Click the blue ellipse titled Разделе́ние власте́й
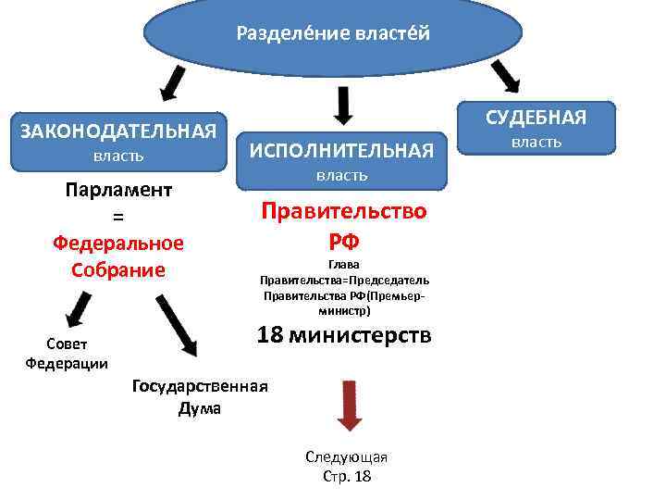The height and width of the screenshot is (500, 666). coord(333,35)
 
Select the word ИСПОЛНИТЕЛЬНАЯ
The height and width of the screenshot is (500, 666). coord(342,149)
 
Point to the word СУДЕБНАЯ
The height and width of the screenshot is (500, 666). coord(536,117)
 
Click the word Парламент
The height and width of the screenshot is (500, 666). coord(118,190)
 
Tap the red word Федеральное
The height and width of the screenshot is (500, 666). coord(118,243)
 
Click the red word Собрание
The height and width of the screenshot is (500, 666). coord(118,269)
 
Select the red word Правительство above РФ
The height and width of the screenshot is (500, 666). coord(344,210)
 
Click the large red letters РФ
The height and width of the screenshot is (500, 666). coord(344,242)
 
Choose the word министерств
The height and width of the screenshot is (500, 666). coord(360,334)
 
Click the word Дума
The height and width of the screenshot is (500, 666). coord(200,408)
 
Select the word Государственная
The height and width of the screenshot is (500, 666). coord(201,386)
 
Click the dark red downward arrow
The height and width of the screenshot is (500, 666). coord(348,404)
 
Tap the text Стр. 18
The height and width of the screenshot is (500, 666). coord(346,476)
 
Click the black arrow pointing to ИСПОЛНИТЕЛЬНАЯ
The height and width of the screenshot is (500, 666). coord(343,104)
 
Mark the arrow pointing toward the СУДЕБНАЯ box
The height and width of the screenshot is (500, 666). coord(505,76)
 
